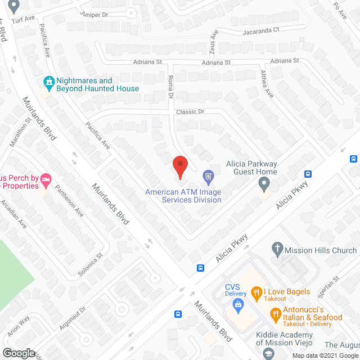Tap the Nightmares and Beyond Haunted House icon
(49, 83)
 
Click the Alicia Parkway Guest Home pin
(264, 183)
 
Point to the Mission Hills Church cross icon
(277, 247)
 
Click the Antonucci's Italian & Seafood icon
(276, 316)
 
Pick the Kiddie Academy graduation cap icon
(268, 353)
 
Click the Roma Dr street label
(170, 87)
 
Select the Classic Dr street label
(190, 112)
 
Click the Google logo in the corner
(18, 353)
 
